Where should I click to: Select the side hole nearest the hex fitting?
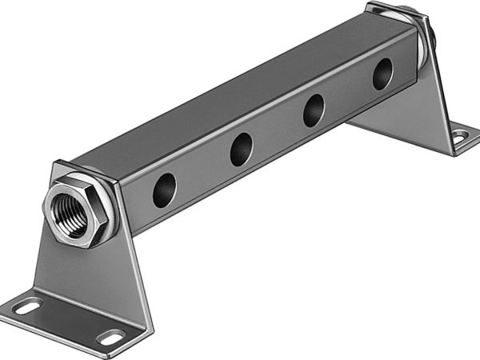click(x=166, y=186)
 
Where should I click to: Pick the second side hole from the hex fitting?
click(x=241, y=148)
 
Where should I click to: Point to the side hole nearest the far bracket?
click(x=382, y=74)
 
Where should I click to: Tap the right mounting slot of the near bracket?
click(x=110, y=336)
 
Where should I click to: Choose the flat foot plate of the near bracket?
click(x=72, y=320)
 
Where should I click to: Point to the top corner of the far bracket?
click(x=376, y=8)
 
